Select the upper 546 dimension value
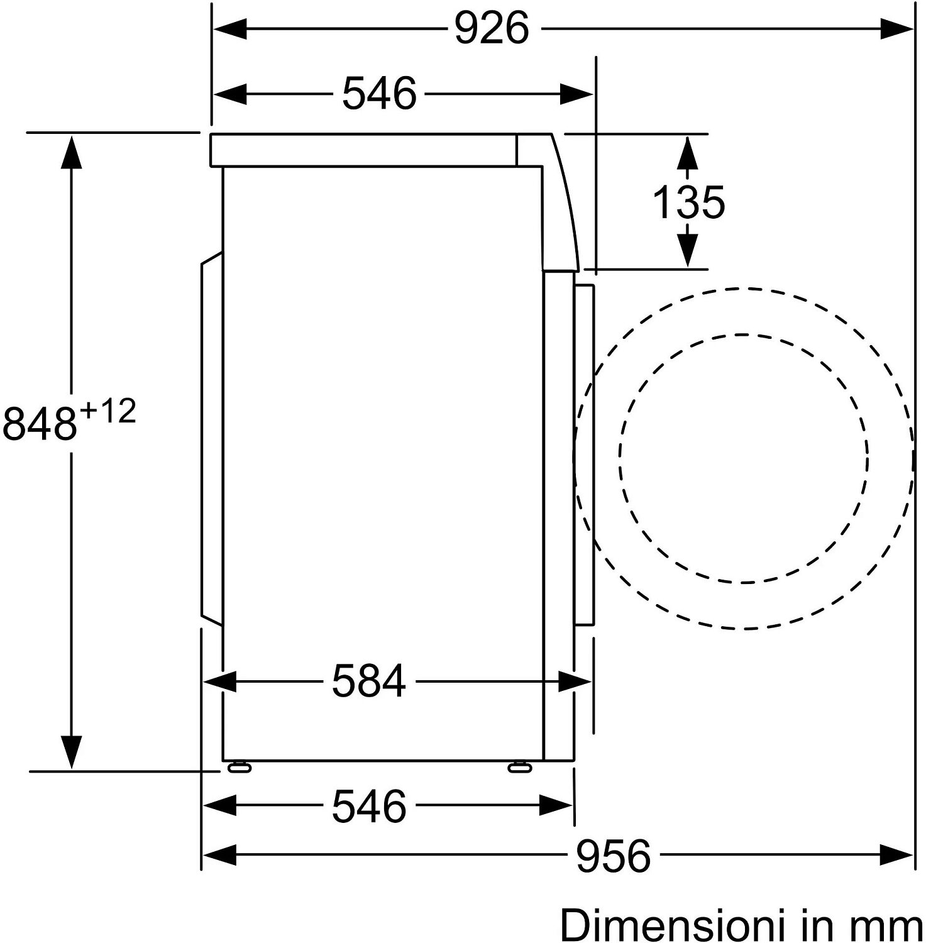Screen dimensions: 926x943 tap(379, 94)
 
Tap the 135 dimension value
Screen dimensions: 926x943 tap(688, 202)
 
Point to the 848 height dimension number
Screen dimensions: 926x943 tap(39, 423)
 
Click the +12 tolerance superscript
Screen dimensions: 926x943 tap(107, 412)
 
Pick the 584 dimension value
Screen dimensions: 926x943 tap(369, 681)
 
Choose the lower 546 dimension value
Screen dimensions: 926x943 tap(369, 807)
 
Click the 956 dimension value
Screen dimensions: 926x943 tap(613, 856)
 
